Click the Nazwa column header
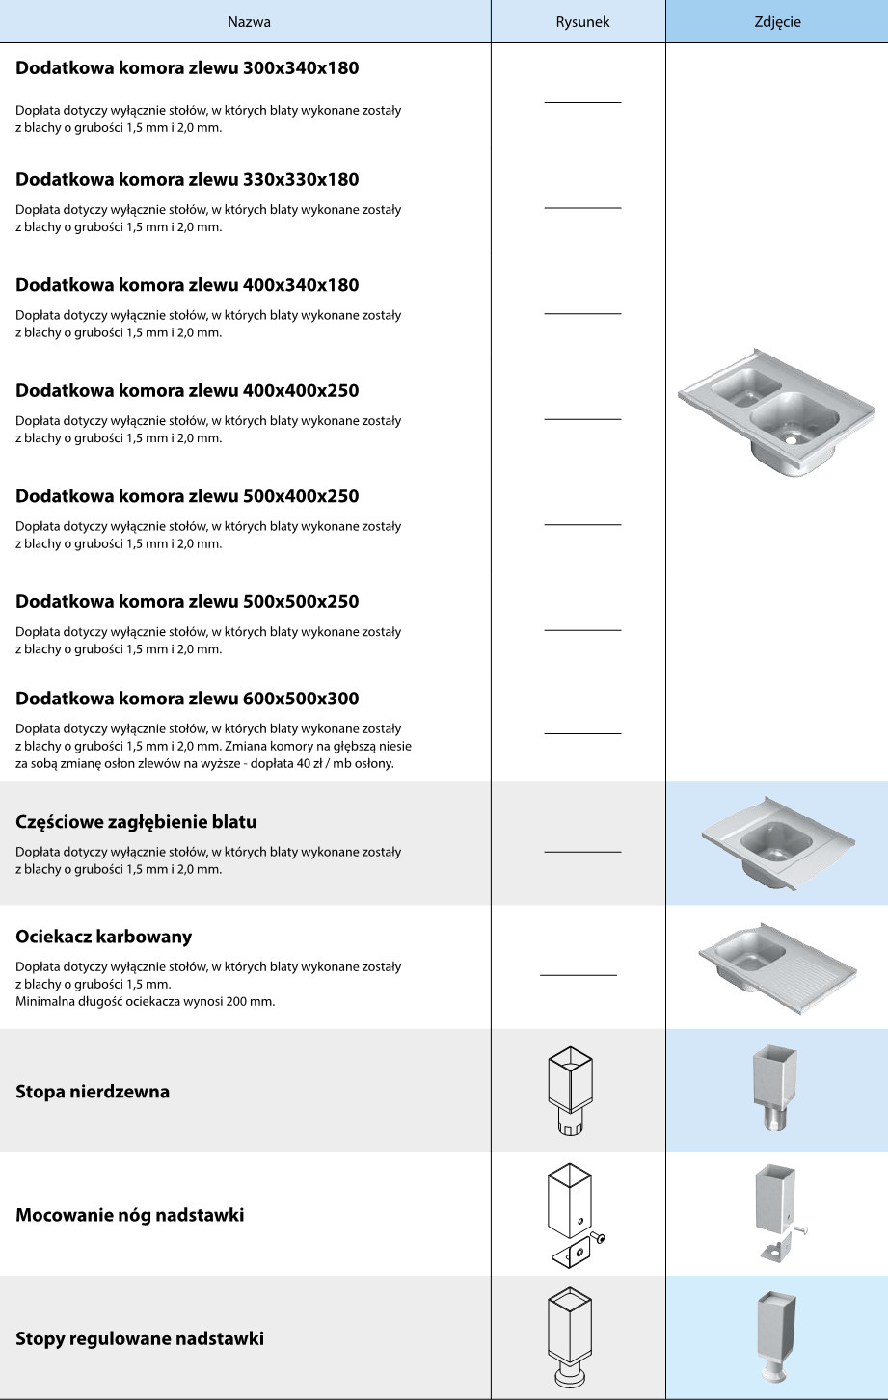(x=249, y=21)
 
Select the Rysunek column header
(x=582, y=21)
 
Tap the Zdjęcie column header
(x=777, y=21)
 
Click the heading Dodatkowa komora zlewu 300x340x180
(x=187, y=69)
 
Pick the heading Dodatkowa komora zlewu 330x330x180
(x=187, y=179)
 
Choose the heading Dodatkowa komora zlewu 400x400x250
(x=187, y=391)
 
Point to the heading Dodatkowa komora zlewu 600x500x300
(x=187, y=699)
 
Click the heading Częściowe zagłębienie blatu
(x=136, y=822)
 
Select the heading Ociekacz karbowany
(x=103, y=937)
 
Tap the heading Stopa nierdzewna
(x=93, y=1092)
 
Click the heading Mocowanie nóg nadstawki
(x=129, y=1215)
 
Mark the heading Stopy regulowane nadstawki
(x=140, y=1338)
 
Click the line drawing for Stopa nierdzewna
(x=570, y=1090)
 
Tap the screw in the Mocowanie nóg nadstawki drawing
(x=599, y=1237)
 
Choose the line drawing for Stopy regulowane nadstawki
(x=569, y=1339)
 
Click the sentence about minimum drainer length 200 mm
(x=145, y=1002)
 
